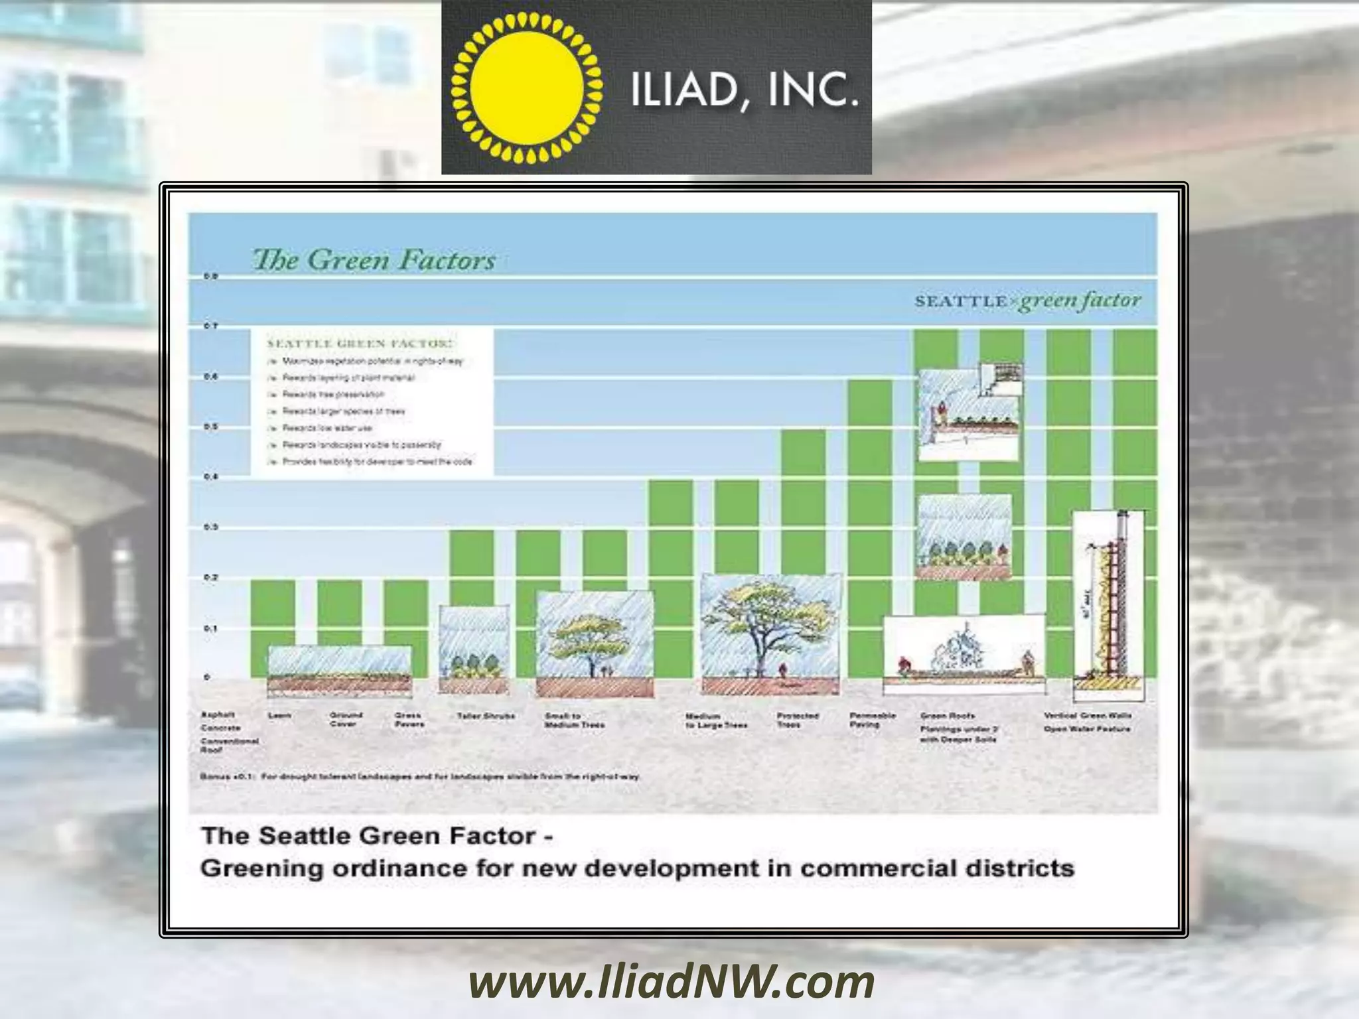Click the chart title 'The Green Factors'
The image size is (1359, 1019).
pyautogui.click(x=374, y=260)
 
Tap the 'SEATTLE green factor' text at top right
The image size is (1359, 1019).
pyautogui.click(x=1027, y=301)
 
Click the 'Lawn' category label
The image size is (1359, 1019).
pyautogui.click(x=279, y=716)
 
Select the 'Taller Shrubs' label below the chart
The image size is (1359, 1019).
pyautogui.click(x=486, y=716)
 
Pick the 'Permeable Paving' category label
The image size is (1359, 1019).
pyautogui.click(x=873, y=720)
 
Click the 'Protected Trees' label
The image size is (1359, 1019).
pyautogui.click(x=798, y=720)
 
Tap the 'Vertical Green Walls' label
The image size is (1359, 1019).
pyautogui.click(x=1087, y=716)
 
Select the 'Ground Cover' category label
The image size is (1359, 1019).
pyautogui.click(x=346, y=720)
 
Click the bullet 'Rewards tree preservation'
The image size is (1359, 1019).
pyautogui.click(x=333, y=395)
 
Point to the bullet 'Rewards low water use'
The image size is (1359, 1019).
pyautogui.click(x=327, y=429)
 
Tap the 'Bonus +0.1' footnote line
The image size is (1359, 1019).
pyautogui.click(x=419, y=776)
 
